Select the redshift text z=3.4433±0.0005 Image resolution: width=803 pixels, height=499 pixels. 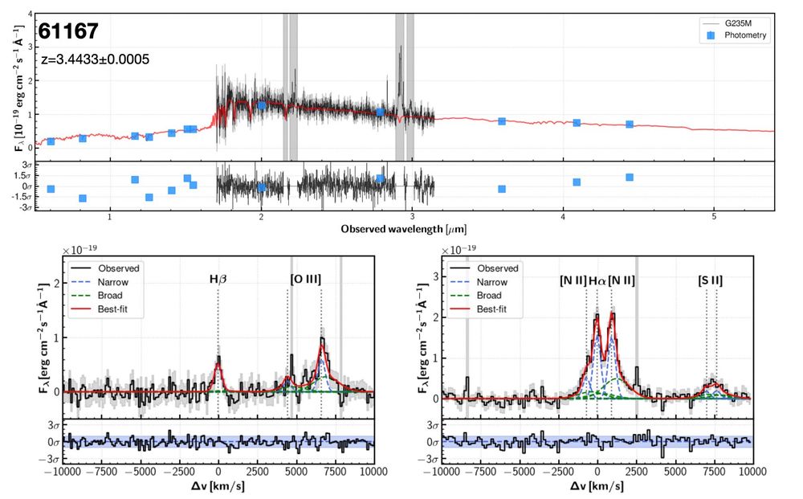pos(95,59)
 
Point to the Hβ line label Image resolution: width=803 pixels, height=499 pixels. pos(218,280)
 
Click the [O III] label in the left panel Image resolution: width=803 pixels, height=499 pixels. pos(305,280)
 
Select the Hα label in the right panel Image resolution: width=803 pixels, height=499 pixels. pos(597,280)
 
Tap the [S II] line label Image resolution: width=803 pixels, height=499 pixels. pos(711,280)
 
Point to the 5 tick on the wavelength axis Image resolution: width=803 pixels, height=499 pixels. pos(714,216)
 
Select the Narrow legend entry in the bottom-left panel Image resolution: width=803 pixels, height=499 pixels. pos(113,282)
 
